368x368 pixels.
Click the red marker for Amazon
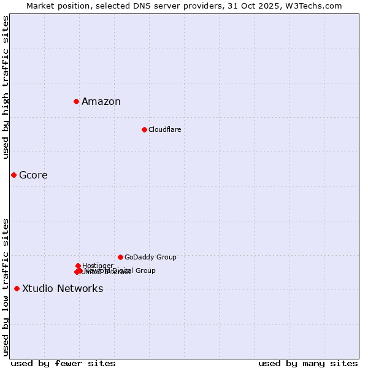[76, 101]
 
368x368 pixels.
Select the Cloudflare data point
[144, 129]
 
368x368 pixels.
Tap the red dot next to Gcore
[13, 175]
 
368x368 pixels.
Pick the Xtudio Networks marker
[17, 289]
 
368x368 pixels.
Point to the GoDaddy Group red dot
[120, 258]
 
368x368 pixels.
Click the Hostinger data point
[78, 266]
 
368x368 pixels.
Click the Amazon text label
[101, 102]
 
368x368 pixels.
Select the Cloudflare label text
[164, 130]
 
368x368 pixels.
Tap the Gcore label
[33, 175]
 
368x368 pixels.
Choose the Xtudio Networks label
[63, 289]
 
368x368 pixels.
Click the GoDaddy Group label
[150, 258]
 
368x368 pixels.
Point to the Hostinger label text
[98, 266]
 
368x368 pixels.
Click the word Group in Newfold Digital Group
[145, 270]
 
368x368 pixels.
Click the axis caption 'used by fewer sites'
[63, 363]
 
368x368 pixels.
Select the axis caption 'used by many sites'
[308, 363]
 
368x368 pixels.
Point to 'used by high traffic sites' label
[6, 87]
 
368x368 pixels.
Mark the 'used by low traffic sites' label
[6, 287]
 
